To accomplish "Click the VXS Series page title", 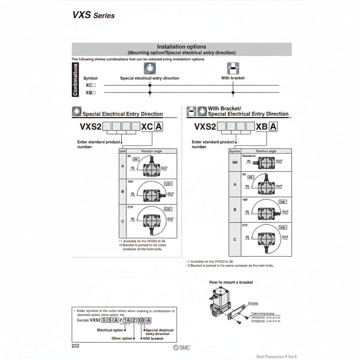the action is [x=94, y=15].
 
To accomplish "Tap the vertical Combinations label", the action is [x=75, y=79].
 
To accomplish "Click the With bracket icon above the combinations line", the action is [x=233, y=68].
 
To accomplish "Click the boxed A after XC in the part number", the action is [x=159, y=127].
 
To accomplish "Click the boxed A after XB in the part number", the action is [x=273, y=127].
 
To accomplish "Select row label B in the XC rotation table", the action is [x=122, y=192].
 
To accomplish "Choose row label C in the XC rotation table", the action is [x=122, y=221].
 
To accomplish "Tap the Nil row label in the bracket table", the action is [x=235, y=162].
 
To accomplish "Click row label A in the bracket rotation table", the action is [x=235, y=184].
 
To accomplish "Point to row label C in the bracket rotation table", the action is [x=235, y=239].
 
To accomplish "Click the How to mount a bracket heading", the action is [x=231, y=282].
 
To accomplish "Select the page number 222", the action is [x=75, y=346].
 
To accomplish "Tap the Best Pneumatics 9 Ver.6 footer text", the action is [x=279, y=357].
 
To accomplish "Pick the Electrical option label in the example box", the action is [x=110, y=330].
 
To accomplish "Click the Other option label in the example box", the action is [x=122, y=338].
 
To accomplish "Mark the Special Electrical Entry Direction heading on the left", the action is [x=122, y=114].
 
